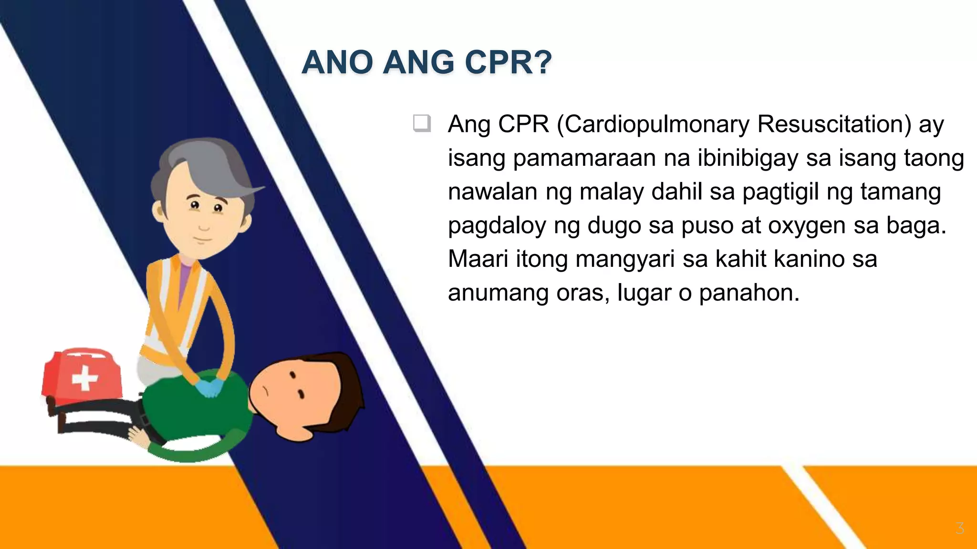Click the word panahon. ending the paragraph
pyautogui.click(x=749, y=293)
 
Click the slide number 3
pyautogui.click(x=960, y=528)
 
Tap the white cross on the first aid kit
pyautogui.click(x=85, y=379)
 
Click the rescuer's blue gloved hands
pyautogui.click(x=210, y=387)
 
